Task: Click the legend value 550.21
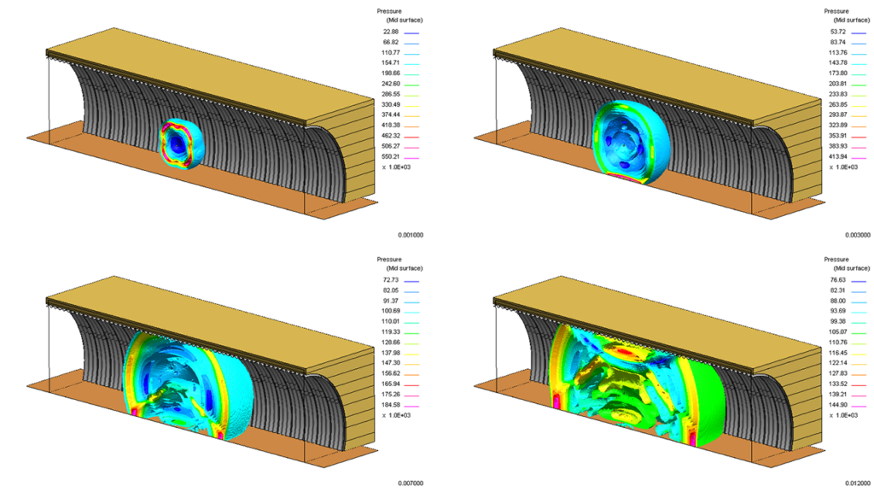(x=391, y=157)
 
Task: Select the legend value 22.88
(x=391, y=32)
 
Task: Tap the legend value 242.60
(x=391, y=84)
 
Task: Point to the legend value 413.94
(x=838, y=157)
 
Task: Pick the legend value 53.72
(x=838, y=32)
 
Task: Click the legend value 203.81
(x=838, y=84)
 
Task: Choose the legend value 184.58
(x=391, y=405)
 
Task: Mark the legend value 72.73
(x=391, y=280)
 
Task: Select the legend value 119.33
(x=391, y=332)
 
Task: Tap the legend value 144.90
(x=838, y=405)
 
